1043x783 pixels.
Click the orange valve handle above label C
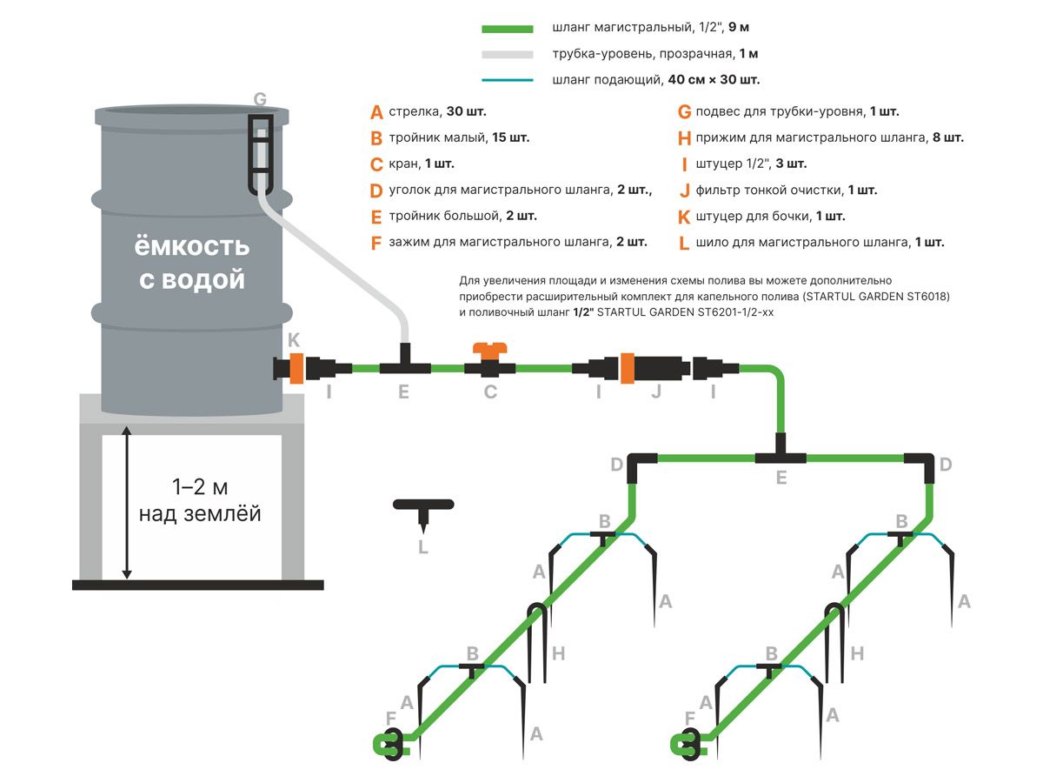pos(489,350)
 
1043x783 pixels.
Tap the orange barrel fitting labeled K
pos(295,367)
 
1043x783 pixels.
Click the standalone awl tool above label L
pos(423,510)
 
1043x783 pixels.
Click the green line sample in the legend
pos(507,29)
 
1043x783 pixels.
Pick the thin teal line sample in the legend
pos(507,80)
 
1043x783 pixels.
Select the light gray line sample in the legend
pos(507,54)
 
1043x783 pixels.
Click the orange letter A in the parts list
pos(376,112)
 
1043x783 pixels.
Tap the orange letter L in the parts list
pos(684,243)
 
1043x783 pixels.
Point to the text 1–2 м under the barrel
pos(200,485)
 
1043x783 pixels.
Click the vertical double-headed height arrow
pos(127,502)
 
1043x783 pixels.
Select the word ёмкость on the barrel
pos(191,247)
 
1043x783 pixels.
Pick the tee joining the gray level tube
pos(404,363)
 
